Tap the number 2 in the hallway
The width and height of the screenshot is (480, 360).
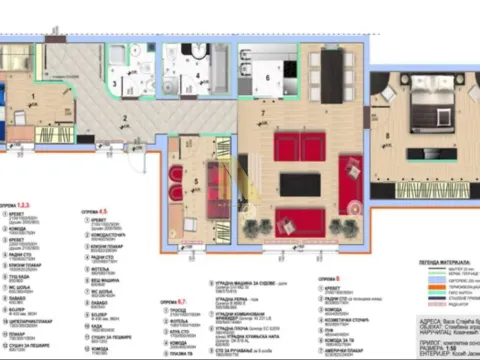click(125, 119)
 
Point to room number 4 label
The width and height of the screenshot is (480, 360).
click(198, 75)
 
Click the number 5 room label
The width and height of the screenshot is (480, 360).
click(196, 182)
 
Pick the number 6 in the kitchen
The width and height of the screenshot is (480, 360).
click(268, 77)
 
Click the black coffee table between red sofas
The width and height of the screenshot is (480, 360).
click(300, 185)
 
